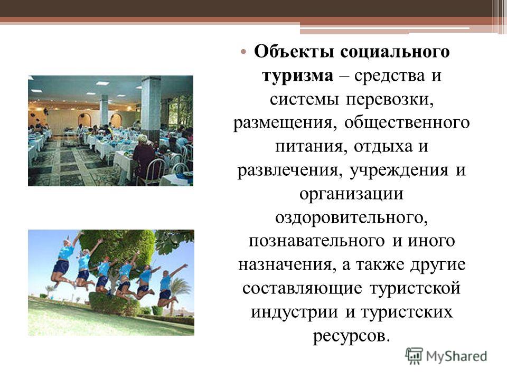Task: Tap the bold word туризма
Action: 297,76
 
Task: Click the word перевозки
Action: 390,100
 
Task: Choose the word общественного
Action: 407,123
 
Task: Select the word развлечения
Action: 290,170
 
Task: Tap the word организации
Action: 352,194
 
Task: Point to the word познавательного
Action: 317,241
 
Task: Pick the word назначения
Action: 286,265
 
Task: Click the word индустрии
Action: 295,312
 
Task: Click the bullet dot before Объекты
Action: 243,52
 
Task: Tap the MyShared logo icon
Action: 414,356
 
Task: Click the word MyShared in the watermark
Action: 456,356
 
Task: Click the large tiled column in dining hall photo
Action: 151,108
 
